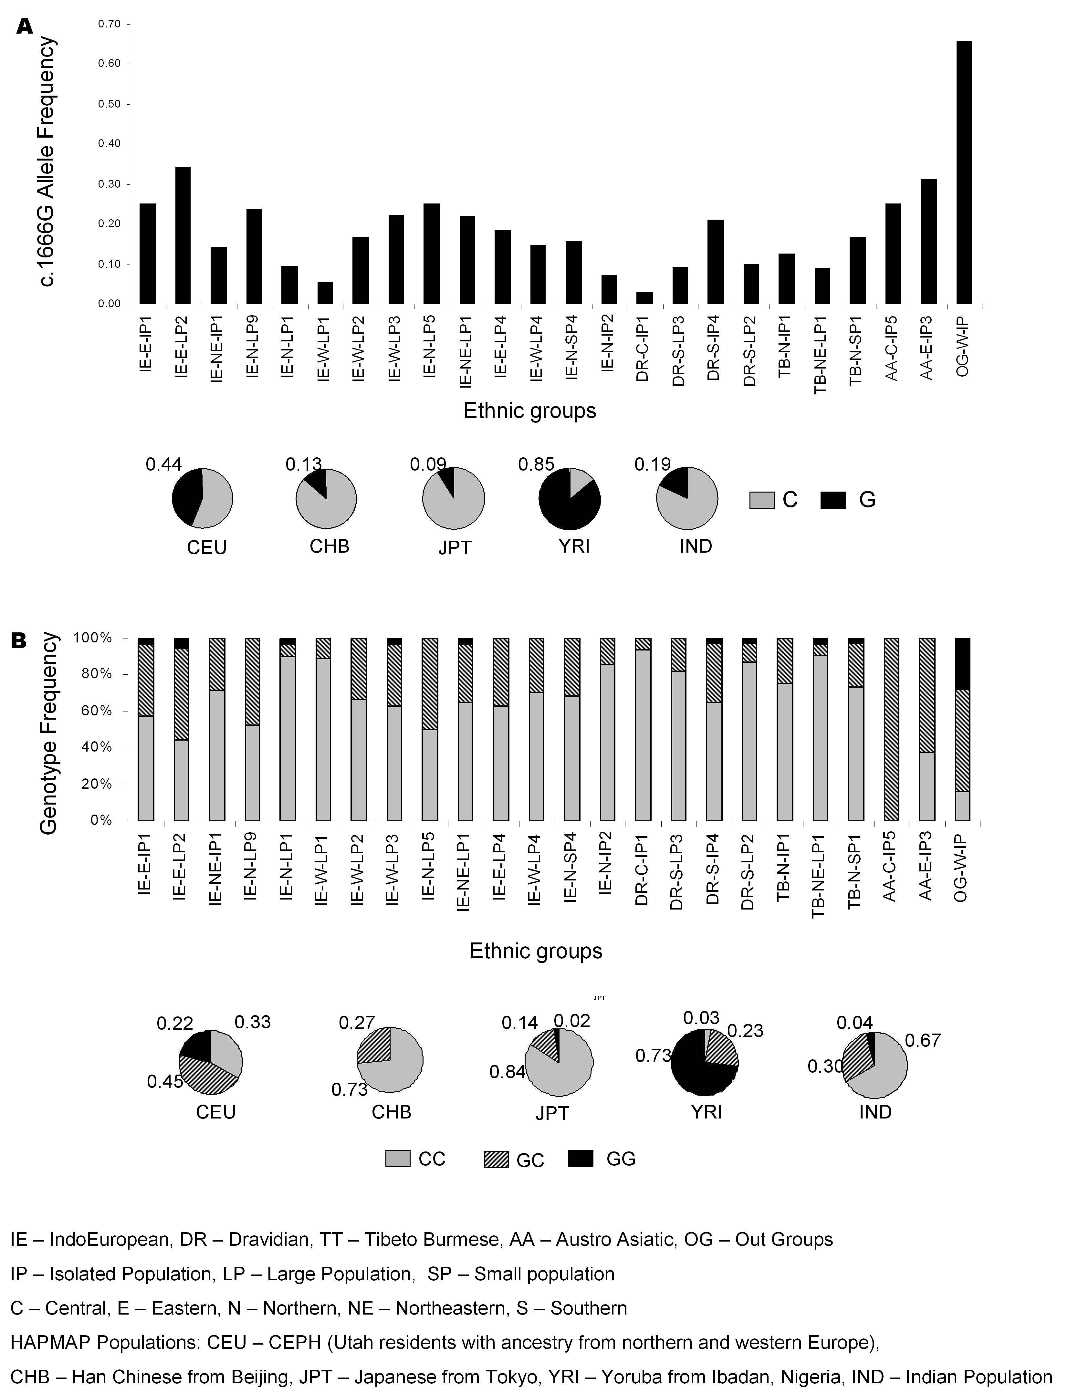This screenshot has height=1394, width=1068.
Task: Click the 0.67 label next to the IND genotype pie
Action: (922, 1041)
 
